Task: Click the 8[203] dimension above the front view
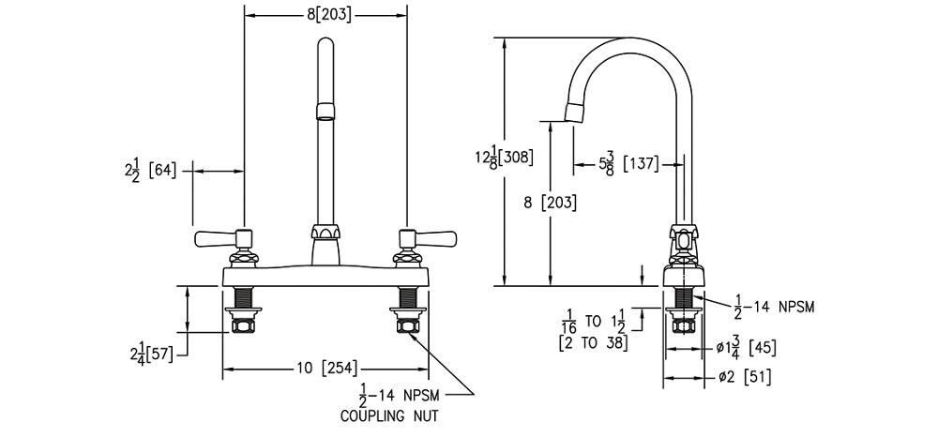(325, 14)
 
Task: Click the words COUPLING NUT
(391, 413)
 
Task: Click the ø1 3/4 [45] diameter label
(745, 347)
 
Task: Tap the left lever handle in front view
(216, 240)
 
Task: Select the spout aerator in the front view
(325, 112)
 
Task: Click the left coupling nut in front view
(244, 325)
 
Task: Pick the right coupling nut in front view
(408, 325)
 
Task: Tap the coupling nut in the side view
(684, 325)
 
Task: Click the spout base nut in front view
(325, 233)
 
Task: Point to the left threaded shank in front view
(244, 297)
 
